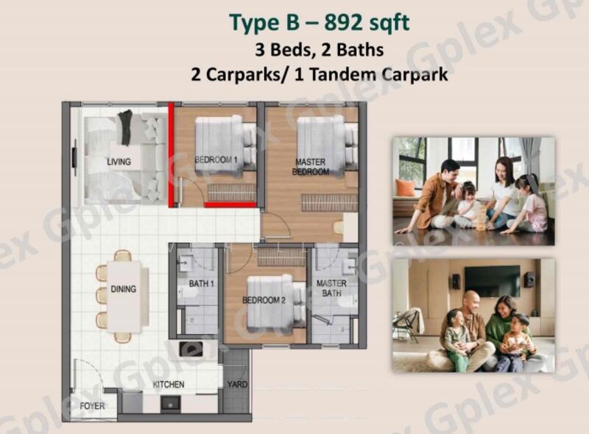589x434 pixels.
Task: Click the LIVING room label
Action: point(119,162)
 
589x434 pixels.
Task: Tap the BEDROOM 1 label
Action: point(216,160)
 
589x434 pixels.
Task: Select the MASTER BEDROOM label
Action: point(311,167)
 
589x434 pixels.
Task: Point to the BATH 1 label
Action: point(201,283)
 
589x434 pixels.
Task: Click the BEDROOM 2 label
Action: point(264,300)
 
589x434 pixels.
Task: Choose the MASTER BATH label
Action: point(331,288)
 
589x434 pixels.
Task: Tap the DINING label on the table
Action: point(124,289)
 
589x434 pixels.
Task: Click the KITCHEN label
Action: point(169,385)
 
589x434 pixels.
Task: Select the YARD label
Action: point(237,385)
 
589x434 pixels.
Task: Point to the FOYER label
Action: point(93,406)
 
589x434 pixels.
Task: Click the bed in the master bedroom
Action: point(326,146)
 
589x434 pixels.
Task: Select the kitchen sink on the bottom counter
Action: point(171,404)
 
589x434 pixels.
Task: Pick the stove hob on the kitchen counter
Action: point(191,349)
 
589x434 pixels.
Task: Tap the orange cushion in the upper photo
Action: point(407,188)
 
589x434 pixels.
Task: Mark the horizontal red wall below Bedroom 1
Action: point(230,204)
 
